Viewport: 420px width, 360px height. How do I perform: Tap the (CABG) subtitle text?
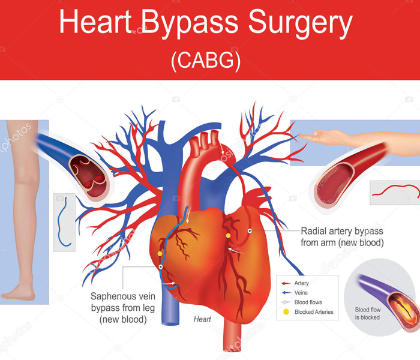pos(205,61)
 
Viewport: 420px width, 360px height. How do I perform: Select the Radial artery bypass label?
pos(341,236)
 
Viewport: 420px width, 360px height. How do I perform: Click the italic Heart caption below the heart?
pos(202,320)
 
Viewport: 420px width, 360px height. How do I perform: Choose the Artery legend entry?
pos(302,283)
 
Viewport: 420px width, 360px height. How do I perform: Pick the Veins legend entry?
pos(301,292)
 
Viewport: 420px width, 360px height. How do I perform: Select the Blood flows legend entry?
pos(307,302)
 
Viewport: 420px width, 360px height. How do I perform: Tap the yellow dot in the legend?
pos(286,312)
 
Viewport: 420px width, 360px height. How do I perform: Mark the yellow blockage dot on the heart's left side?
pos(160,253)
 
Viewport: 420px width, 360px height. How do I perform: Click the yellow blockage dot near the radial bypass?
pos(229,236)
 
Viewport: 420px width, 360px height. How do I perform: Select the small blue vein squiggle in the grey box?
pos(64,222)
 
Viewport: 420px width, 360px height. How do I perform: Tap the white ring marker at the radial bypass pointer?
pos(250,231)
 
